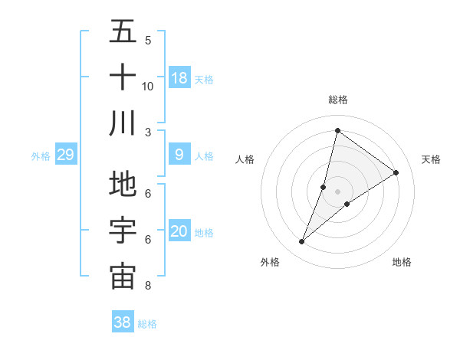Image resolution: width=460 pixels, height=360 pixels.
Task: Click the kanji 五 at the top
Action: pos(123,33)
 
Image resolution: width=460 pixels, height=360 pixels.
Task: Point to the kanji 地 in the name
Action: pos(123,185)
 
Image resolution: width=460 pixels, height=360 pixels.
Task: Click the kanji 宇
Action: pos(123,231)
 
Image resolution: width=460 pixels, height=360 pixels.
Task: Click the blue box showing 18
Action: pos(179,77)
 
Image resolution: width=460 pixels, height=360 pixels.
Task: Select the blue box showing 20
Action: pos(179,232)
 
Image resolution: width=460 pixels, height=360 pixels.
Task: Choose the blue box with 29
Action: pos(65,155)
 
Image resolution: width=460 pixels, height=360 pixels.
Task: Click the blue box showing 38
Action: pos(122,322)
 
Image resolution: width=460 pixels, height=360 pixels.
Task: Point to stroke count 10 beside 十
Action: pos(148,86)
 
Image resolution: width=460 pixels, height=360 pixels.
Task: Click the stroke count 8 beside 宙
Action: pos(148,286)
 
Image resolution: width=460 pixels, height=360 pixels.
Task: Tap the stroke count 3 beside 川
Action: pos(148,133)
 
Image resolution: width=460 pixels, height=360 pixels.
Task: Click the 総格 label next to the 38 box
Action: pos(147,324)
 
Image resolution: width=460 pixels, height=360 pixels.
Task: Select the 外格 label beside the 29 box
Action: pos(41,156)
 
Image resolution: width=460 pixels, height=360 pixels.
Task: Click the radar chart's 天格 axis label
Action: pos(431,159)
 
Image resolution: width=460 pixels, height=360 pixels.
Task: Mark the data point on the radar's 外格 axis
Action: pos(302,242)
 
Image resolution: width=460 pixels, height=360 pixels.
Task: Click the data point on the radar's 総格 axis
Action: pos(337,130)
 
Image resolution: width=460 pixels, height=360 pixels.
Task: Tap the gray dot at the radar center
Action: pos(337,191)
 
